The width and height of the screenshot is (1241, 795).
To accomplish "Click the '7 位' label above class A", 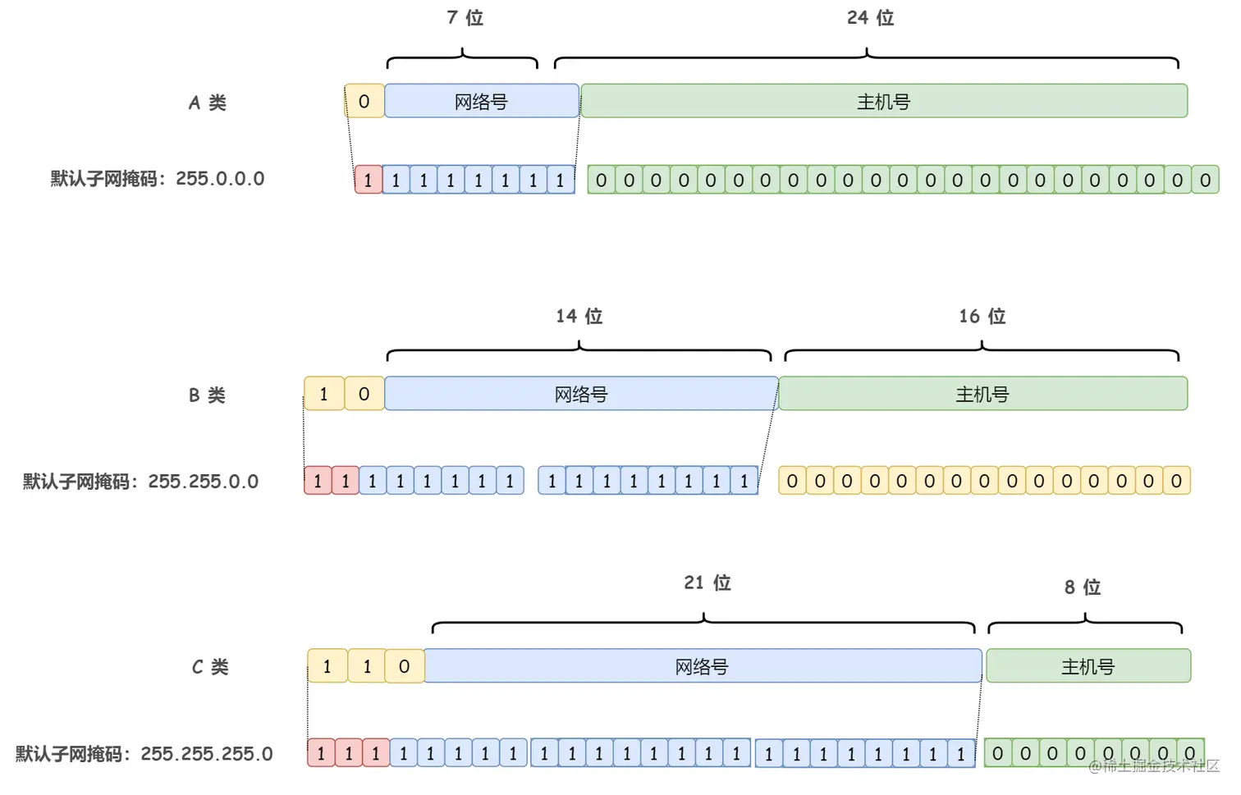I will pos(465,18).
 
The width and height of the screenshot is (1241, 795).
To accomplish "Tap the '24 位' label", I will pos(870,18).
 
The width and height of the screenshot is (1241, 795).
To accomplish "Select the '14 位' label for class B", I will pos(579,317).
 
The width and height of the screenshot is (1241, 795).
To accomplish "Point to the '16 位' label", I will pos(982,317).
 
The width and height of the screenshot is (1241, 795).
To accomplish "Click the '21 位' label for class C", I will pos(707,583).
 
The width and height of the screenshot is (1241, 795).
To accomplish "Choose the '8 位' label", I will pos(1082,587).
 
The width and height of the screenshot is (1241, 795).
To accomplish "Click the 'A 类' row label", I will pos(207,103).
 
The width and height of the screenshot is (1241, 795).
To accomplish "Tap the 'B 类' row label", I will pos(207,395).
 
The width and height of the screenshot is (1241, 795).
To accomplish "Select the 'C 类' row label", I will pos(210,667).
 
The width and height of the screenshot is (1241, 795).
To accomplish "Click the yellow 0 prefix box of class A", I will pos(364,102).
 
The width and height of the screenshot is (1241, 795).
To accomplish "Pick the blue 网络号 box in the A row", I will pos(482,102).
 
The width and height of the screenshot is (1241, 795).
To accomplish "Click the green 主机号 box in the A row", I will pos(884,102).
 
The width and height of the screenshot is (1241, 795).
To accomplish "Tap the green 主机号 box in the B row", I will pos(982,395).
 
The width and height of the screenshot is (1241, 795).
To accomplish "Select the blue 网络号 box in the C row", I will pos(703,666).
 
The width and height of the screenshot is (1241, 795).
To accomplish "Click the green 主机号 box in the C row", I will pos(1088,666).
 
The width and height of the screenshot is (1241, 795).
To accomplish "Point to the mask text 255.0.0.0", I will pos(220,179).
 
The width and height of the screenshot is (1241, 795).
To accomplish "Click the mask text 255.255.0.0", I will pos(203,482).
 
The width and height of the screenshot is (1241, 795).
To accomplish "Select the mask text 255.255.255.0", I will pos(206,754).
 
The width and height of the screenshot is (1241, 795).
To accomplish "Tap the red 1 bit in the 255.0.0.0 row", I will pos(369,180).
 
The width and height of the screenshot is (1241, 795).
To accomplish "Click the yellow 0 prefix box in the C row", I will pos(404,666).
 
